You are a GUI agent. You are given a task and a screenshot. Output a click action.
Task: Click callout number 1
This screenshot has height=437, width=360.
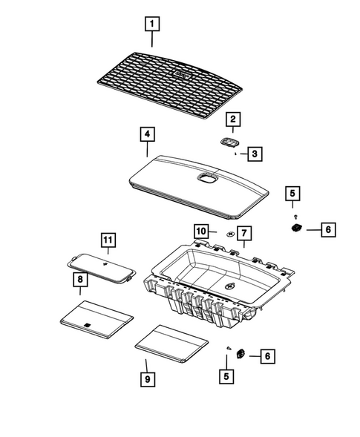point(152,25)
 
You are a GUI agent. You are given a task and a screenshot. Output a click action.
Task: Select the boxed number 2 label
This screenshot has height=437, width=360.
point(232,119)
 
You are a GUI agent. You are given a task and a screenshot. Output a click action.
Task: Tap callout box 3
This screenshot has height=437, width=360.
point(254,154)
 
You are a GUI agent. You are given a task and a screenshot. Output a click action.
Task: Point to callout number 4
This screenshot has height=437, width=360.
point(148,134)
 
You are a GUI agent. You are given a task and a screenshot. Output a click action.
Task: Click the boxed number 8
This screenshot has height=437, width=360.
point(78,280)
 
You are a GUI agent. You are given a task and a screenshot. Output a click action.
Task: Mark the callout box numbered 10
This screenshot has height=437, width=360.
point(201,231)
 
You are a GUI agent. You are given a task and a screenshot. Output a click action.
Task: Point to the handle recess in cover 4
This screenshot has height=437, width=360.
point(205,177)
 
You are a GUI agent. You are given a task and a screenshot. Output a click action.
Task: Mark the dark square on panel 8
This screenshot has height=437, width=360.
point(88,324)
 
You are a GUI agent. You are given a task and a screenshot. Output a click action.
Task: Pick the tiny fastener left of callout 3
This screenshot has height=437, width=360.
point(235,155)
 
